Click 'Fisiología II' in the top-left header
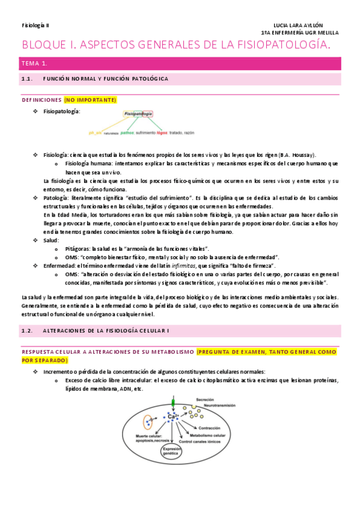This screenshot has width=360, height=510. pyautogui.click(x=36, y=25)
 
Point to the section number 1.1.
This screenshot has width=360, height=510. pyautogui.click(x=26, y=79)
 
